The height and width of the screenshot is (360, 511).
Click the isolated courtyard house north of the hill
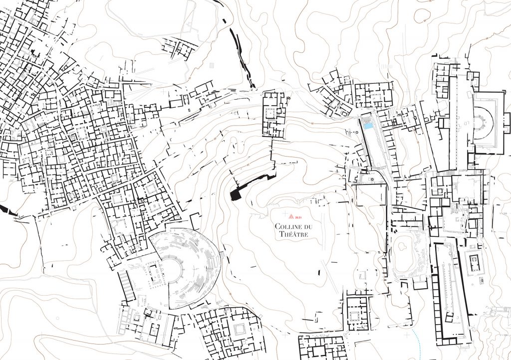273,114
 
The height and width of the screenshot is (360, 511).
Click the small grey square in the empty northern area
212,65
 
